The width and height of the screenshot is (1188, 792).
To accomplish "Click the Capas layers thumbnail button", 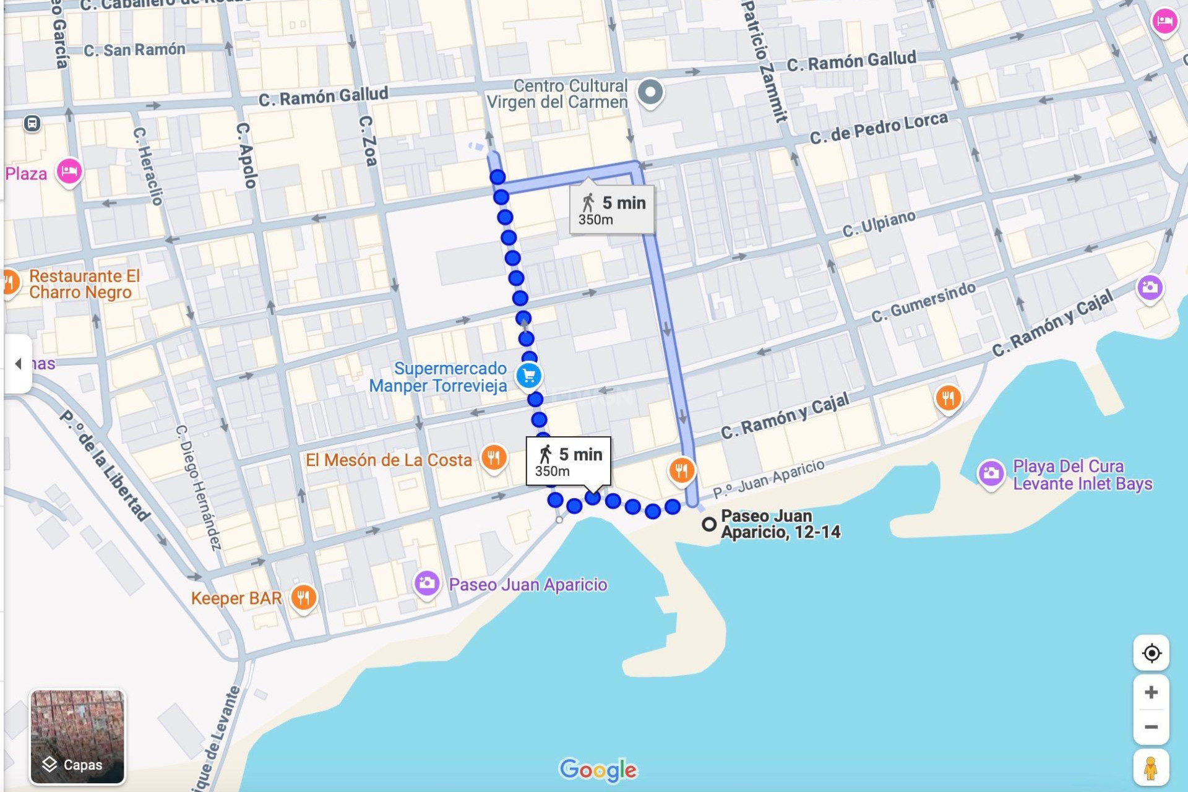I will (77, 737).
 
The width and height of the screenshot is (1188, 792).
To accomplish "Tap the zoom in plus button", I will (1151, 692).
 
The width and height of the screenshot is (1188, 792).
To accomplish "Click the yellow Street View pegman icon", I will (1151, 768).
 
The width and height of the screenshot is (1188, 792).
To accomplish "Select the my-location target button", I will (1151, 653).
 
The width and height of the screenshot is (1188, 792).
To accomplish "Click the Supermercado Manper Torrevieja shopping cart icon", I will (529, 376).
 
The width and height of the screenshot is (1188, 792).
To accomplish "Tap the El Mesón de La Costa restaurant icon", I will (493, 458).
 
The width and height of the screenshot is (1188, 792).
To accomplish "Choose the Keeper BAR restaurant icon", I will (303, 598).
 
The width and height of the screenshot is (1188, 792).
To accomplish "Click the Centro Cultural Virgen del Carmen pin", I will (650, 93).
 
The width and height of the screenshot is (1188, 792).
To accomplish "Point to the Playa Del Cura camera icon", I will (991, 474).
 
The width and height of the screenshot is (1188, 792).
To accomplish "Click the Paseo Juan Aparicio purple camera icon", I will (426, 583).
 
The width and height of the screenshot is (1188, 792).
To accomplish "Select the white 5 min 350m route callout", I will (568, 462).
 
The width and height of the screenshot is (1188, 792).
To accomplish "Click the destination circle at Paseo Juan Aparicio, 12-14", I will (709, 525).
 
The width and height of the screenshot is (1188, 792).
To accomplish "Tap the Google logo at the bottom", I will (598, 770).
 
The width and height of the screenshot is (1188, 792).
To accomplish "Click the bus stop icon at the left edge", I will (32, 124).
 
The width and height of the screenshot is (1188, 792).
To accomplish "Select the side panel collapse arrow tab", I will (18, 364).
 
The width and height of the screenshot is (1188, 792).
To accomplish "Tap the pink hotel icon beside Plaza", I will (69, 171).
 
